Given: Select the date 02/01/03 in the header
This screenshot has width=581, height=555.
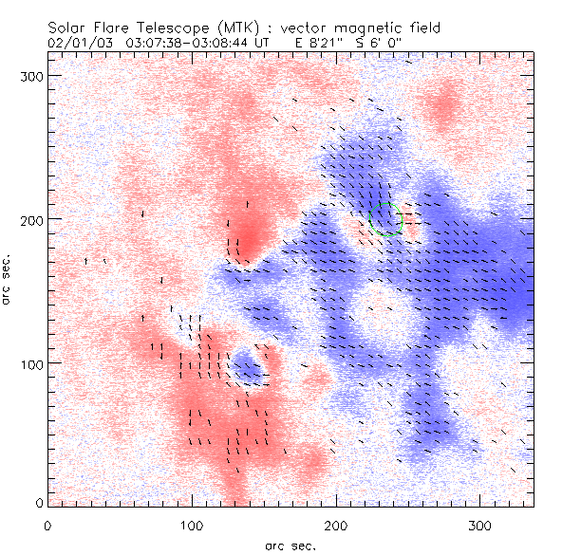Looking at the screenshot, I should (x=77, y=43).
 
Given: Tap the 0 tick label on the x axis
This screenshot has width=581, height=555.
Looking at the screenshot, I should (x=47, y=525).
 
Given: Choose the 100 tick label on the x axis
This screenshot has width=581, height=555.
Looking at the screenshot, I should (x=192, y=525).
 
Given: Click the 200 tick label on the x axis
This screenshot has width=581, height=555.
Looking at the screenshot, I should (x=336, y=525).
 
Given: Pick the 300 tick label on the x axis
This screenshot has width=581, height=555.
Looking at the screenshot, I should (x=480, y=525).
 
